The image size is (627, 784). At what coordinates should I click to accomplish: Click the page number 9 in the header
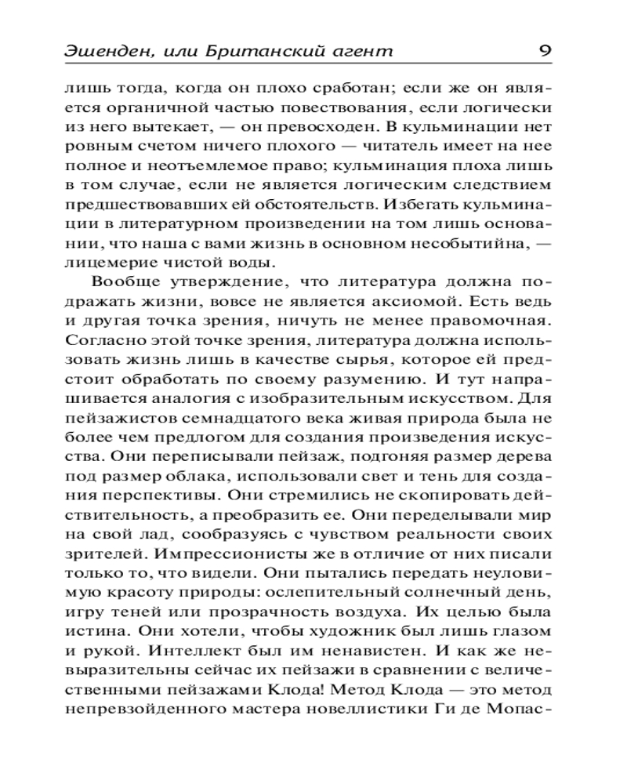[544, 52]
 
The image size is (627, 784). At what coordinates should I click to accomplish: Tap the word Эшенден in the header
[101, 52]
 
